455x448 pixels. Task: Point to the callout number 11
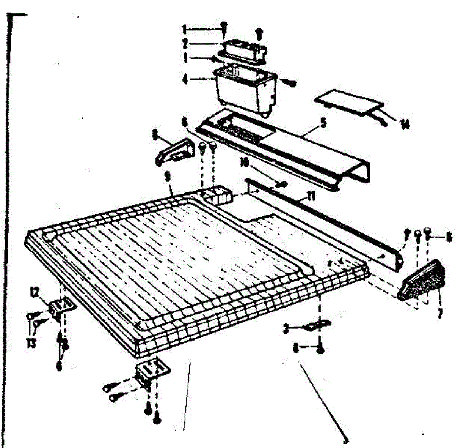coord(311,197)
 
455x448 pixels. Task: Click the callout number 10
coord(244,163)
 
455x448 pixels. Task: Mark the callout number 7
coord(439,314)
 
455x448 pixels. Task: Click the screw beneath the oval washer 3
coord(320,349)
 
